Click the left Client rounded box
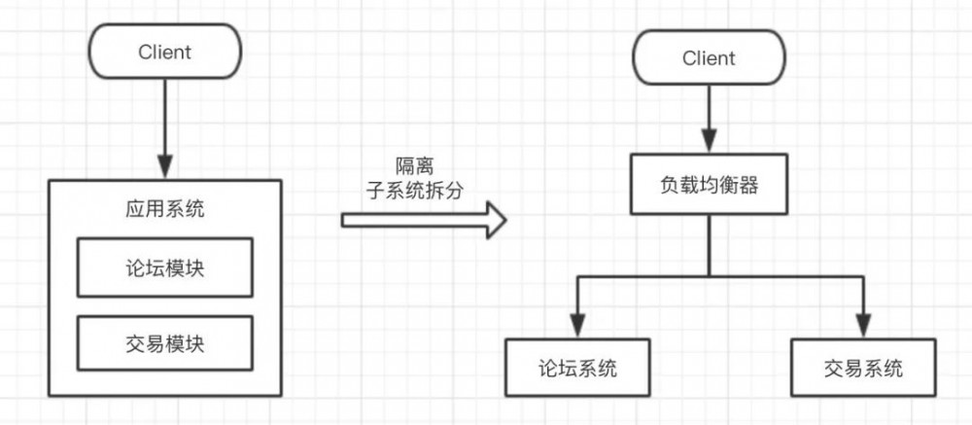pyautogui.click(x=165, y=52)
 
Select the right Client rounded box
pyautogui.click(x=709, y=58)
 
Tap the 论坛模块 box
pyautogui.click(x=165, y=268)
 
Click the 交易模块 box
pyautogui.click(x=165, y=344)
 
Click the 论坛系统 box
pyautogui.click(x=577, y=369)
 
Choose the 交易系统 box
pyautogui.click(x=862, y=369)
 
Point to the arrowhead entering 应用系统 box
pyautogui.click(x=165, y=168)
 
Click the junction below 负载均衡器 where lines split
pyautogui.click(x=709, y=277)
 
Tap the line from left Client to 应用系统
pyautogui.click(x=165, y=117)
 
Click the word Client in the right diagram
pyautogui.click(x=709, y=58)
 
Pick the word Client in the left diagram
pyautogui.click(x=165, y=52)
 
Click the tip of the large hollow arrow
pyautogui.click(x=505, y=220)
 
